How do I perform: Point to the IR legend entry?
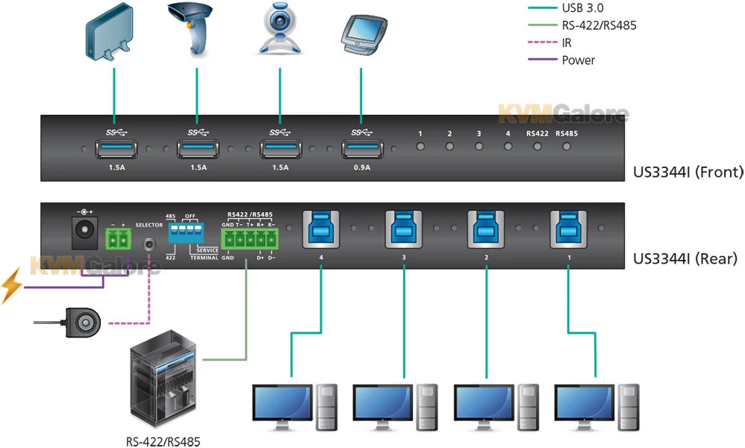[x=567, y=43]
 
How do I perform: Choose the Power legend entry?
[x=578, y=60]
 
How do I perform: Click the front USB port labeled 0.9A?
[x=361, y=149]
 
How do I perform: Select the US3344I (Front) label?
[x=688, y=172]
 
